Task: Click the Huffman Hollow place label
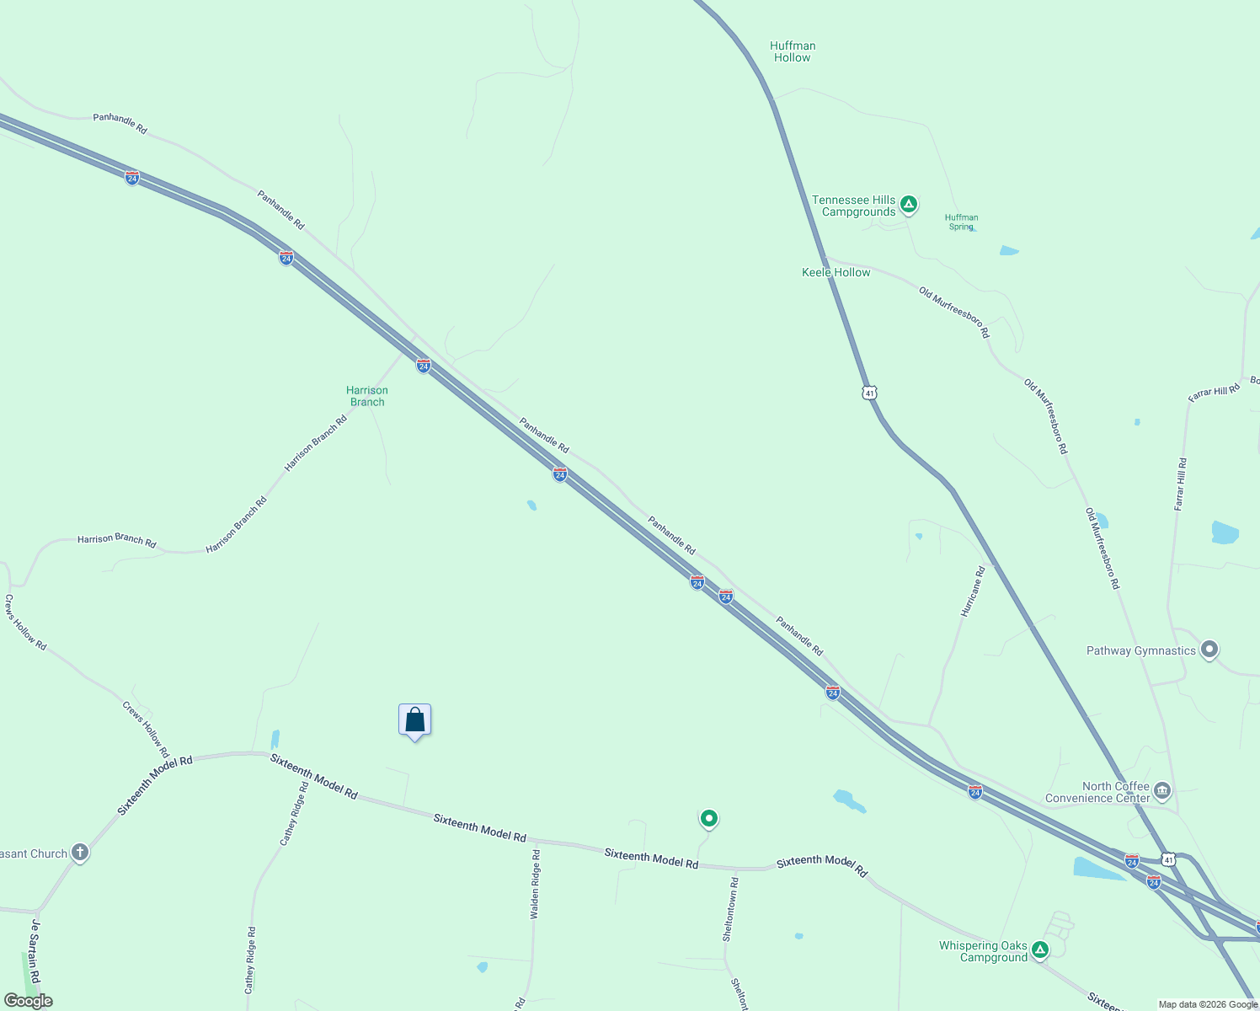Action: pos(793,52)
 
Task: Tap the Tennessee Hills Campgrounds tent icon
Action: pos(908,204)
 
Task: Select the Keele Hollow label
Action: pos(836,272)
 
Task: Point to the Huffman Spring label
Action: pos(961,222)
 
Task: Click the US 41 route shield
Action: pos(869,393)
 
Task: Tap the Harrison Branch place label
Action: pos(367,396)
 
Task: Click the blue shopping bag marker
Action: pos(414,720)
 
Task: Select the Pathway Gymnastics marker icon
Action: pos(1209,650)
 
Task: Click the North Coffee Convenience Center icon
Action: pos(1162,790)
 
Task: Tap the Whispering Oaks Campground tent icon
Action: pos(1040,950)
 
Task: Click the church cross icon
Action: pos(80,853)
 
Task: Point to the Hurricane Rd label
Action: pos(974,592)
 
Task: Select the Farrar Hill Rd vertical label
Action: pos(1180,484)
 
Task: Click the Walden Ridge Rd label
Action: pos(535,884)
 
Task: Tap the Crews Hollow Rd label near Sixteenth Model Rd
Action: pos(146,729)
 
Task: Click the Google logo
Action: pos(29,1001)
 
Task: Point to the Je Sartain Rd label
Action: pos(35,951)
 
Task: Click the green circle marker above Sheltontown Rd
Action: pos(708,818)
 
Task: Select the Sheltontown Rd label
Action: pos(730,910)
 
